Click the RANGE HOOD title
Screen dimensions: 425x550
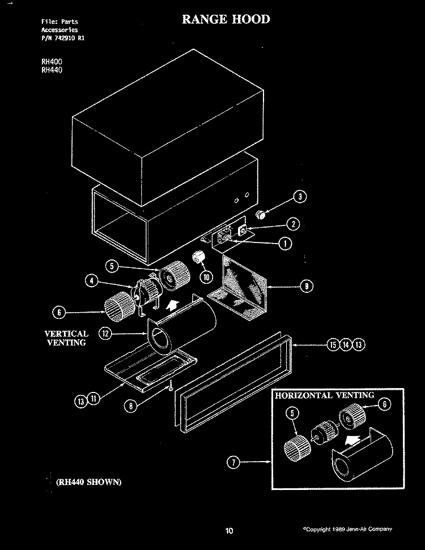point(226,19)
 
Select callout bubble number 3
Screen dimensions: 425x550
point(300,197)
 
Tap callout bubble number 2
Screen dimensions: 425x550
point(294,224)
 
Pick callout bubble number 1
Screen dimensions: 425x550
point(286,244)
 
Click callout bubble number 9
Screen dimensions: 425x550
point(307,287)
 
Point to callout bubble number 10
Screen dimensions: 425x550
point(206,277)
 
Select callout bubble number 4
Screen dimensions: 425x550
point(91,280)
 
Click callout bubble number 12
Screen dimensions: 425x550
point(105,333)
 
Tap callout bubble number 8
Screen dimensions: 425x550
point(130,406)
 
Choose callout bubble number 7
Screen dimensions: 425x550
point(233,462)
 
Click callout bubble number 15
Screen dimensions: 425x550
point(333,345)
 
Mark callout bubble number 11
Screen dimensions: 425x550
point(93,398)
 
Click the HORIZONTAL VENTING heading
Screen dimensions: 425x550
point(325,396)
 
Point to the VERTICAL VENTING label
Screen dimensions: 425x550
point(66,338)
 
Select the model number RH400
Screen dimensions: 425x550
point(52,62)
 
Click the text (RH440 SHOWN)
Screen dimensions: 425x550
point(89,482)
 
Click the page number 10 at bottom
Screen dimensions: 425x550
point(229,531)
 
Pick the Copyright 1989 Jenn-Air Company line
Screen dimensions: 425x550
point(347,529)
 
